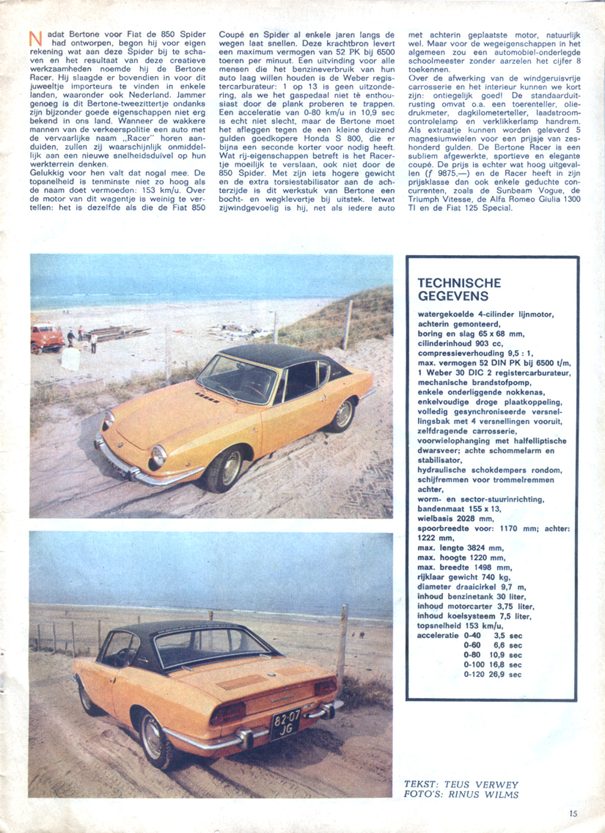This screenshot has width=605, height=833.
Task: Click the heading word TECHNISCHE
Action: tap(459, 283)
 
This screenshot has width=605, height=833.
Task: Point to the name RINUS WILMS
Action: tap(483, 795)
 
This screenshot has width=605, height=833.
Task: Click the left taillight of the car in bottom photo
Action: tap(228, 712)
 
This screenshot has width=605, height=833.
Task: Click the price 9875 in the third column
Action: tap(433, 173)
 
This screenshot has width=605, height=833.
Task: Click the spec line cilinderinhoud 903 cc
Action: tap(460, 343)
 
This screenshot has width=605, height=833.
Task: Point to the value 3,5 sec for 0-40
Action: tap(508, 636)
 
